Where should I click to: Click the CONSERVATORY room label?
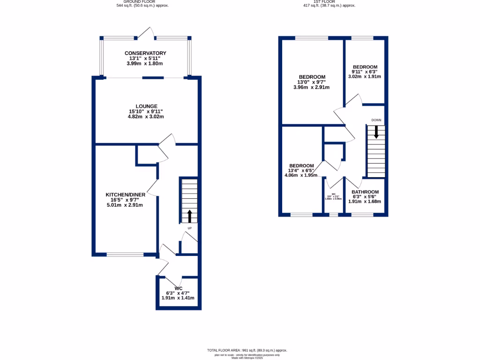click(145, 53)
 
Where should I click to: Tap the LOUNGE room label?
click(146, 106)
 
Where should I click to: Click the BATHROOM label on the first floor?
click(365, 192)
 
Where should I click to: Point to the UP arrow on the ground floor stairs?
click(189, 216)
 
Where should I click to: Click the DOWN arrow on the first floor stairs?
click(375, 133)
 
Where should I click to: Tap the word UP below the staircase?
click(189, 228)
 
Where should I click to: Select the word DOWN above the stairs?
click(376, 120)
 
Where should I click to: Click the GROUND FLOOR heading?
click(142, 2)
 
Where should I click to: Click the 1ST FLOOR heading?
click(329, 2)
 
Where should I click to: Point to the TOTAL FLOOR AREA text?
click(247, 350)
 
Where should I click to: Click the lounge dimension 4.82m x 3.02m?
click(146, 117)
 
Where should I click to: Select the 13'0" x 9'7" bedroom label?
click(312, 82)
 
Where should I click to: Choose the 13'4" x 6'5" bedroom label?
click(301, 171)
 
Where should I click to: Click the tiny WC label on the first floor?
click(334, 194)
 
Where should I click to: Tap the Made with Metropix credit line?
click(247, 358)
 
